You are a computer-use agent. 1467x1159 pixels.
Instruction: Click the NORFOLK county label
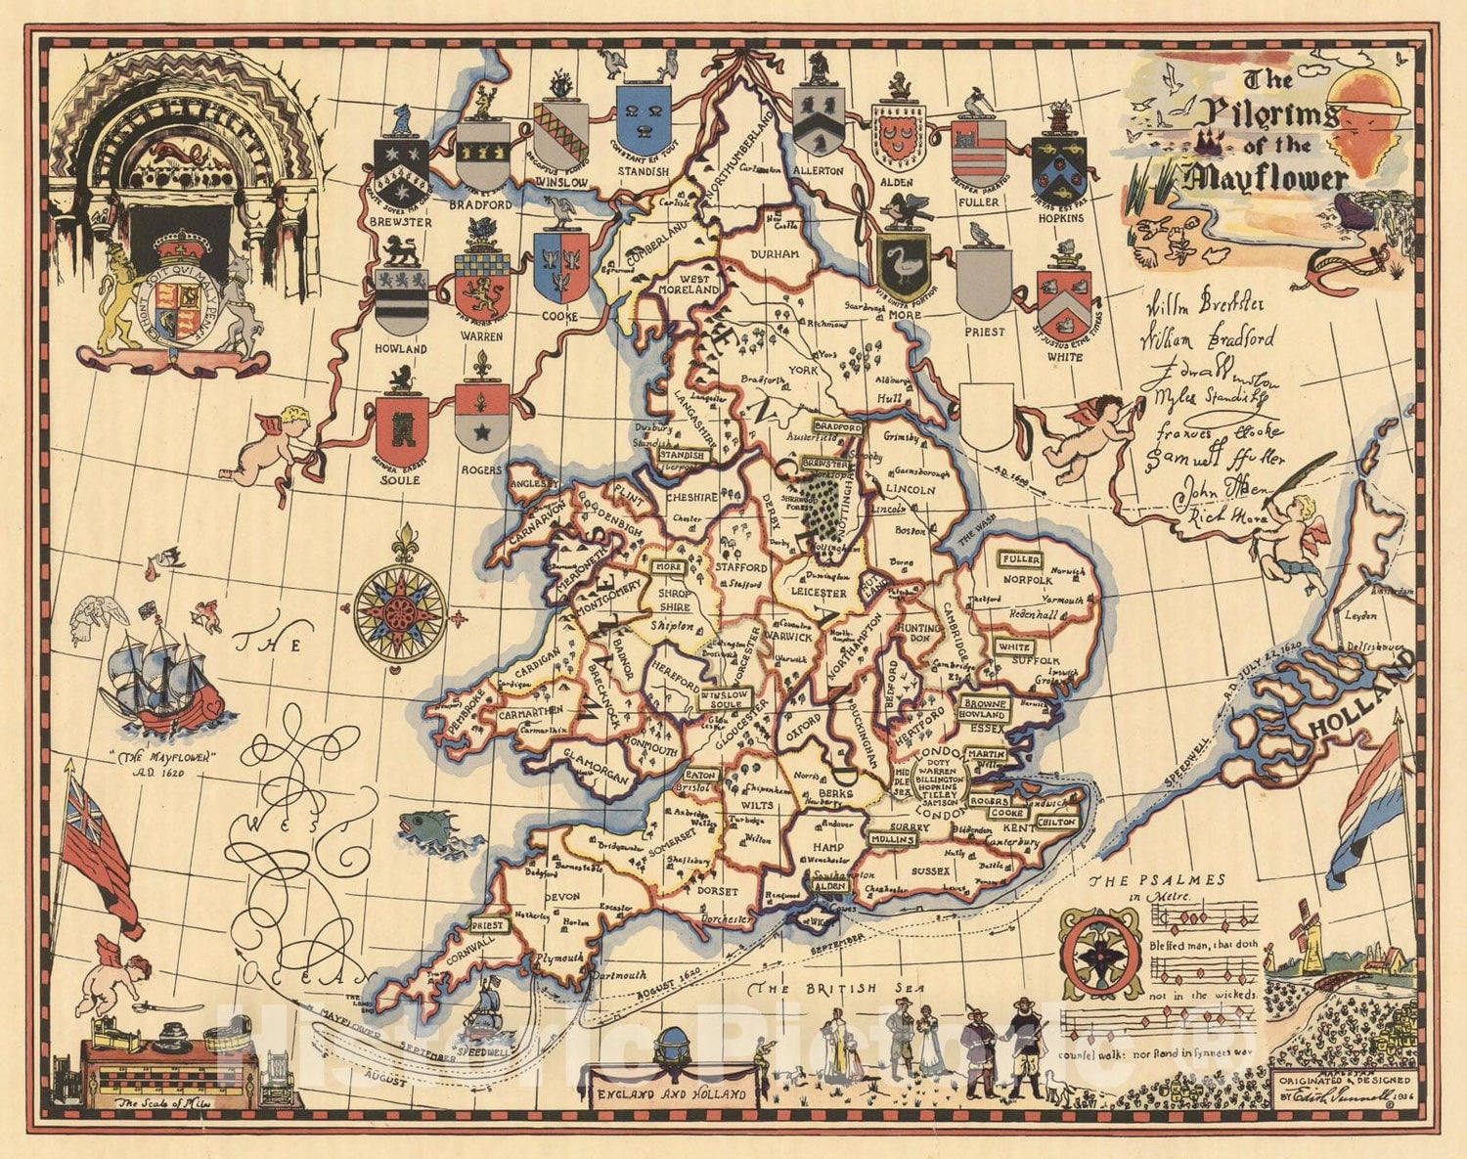coord(1024,579)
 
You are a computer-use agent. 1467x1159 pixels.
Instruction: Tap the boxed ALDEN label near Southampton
coord(829,885)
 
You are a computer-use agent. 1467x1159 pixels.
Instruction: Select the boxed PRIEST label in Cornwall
coord(488,925)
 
